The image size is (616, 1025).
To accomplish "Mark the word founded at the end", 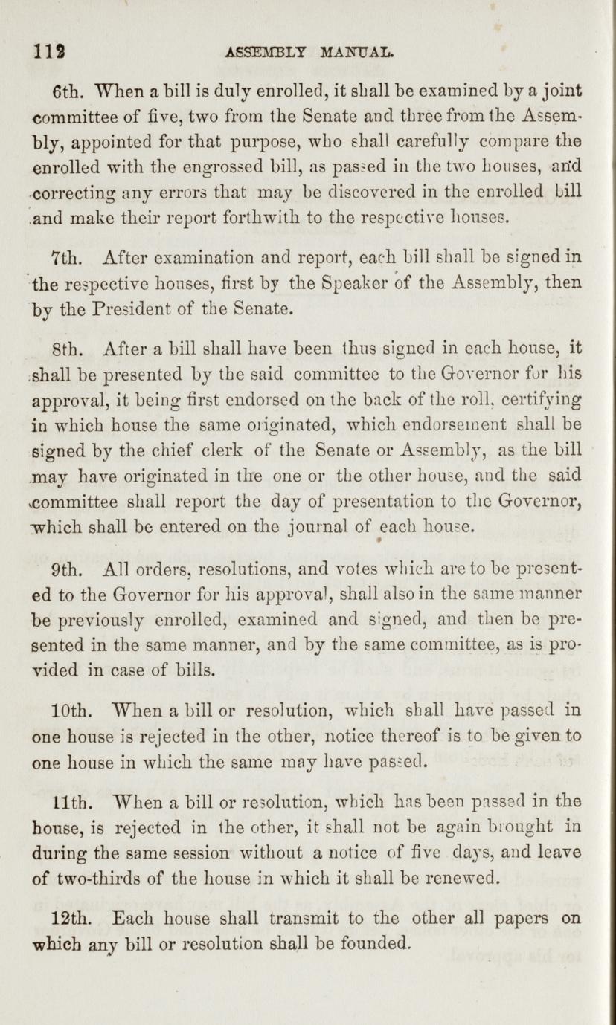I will click(376, 944).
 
